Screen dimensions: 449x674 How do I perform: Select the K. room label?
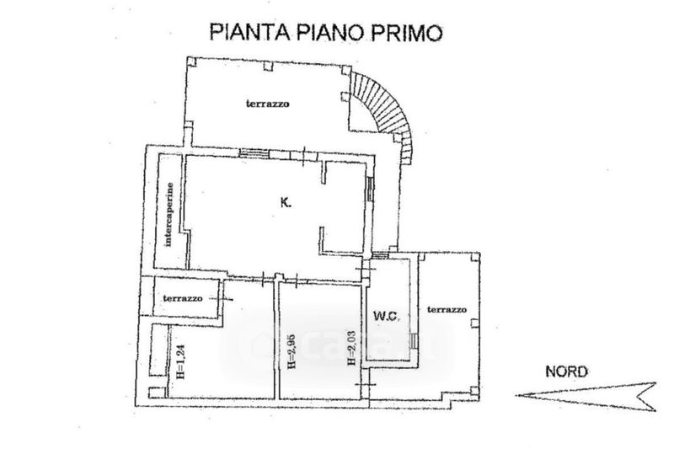coord(286,202)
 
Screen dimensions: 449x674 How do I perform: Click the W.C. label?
coord(385,317)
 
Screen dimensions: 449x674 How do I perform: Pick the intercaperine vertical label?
coord(168,215)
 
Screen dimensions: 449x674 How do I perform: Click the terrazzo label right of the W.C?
coord(446,309)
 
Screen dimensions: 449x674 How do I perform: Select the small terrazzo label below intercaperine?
coord(183,298)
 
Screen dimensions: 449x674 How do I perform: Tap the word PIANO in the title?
coord(326,33)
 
